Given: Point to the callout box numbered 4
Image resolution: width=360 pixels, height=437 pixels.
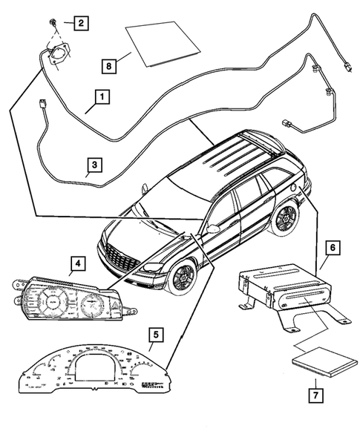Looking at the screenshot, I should (76, 263).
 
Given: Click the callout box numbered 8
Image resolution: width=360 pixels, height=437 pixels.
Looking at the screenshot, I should (110, 67).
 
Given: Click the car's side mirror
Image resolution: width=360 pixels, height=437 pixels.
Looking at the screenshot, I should (213, 229).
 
